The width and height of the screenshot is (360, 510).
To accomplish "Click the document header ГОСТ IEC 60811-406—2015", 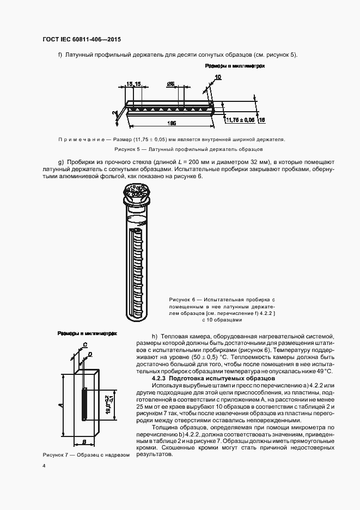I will click(x=81, y=40).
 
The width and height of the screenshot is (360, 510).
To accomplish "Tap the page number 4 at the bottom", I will click(x=44, y=465).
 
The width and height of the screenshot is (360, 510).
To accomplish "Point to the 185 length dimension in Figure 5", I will click(x=171, y=123).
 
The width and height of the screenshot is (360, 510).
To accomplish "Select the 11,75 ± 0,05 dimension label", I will click(x=240, y=119).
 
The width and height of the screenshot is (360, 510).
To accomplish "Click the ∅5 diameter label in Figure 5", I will click(x=170, y=84).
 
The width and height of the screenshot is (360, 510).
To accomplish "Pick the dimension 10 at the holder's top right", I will click(x=218, y=77).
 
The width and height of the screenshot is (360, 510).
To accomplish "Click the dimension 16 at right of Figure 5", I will click(x=261, y=119).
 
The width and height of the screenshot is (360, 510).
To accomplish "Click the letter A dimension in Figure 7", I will click(x=61, y=405).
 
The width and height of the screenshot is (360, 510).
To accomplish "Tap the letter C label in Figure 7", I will click(x=86, y=344).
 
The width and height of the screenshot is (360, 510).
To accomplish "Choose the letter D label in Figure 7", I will click(x=90, y=354).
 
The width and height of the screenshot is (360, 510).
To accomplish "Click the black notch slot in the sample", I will click(x=84, y=404).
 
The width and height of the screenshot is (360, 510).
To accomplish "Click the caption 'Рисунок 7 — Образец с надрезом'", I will click(x=86, y=455).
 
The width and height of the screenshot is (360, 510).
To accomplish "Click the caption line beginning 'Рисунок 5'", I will click(x=188, y=149).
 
